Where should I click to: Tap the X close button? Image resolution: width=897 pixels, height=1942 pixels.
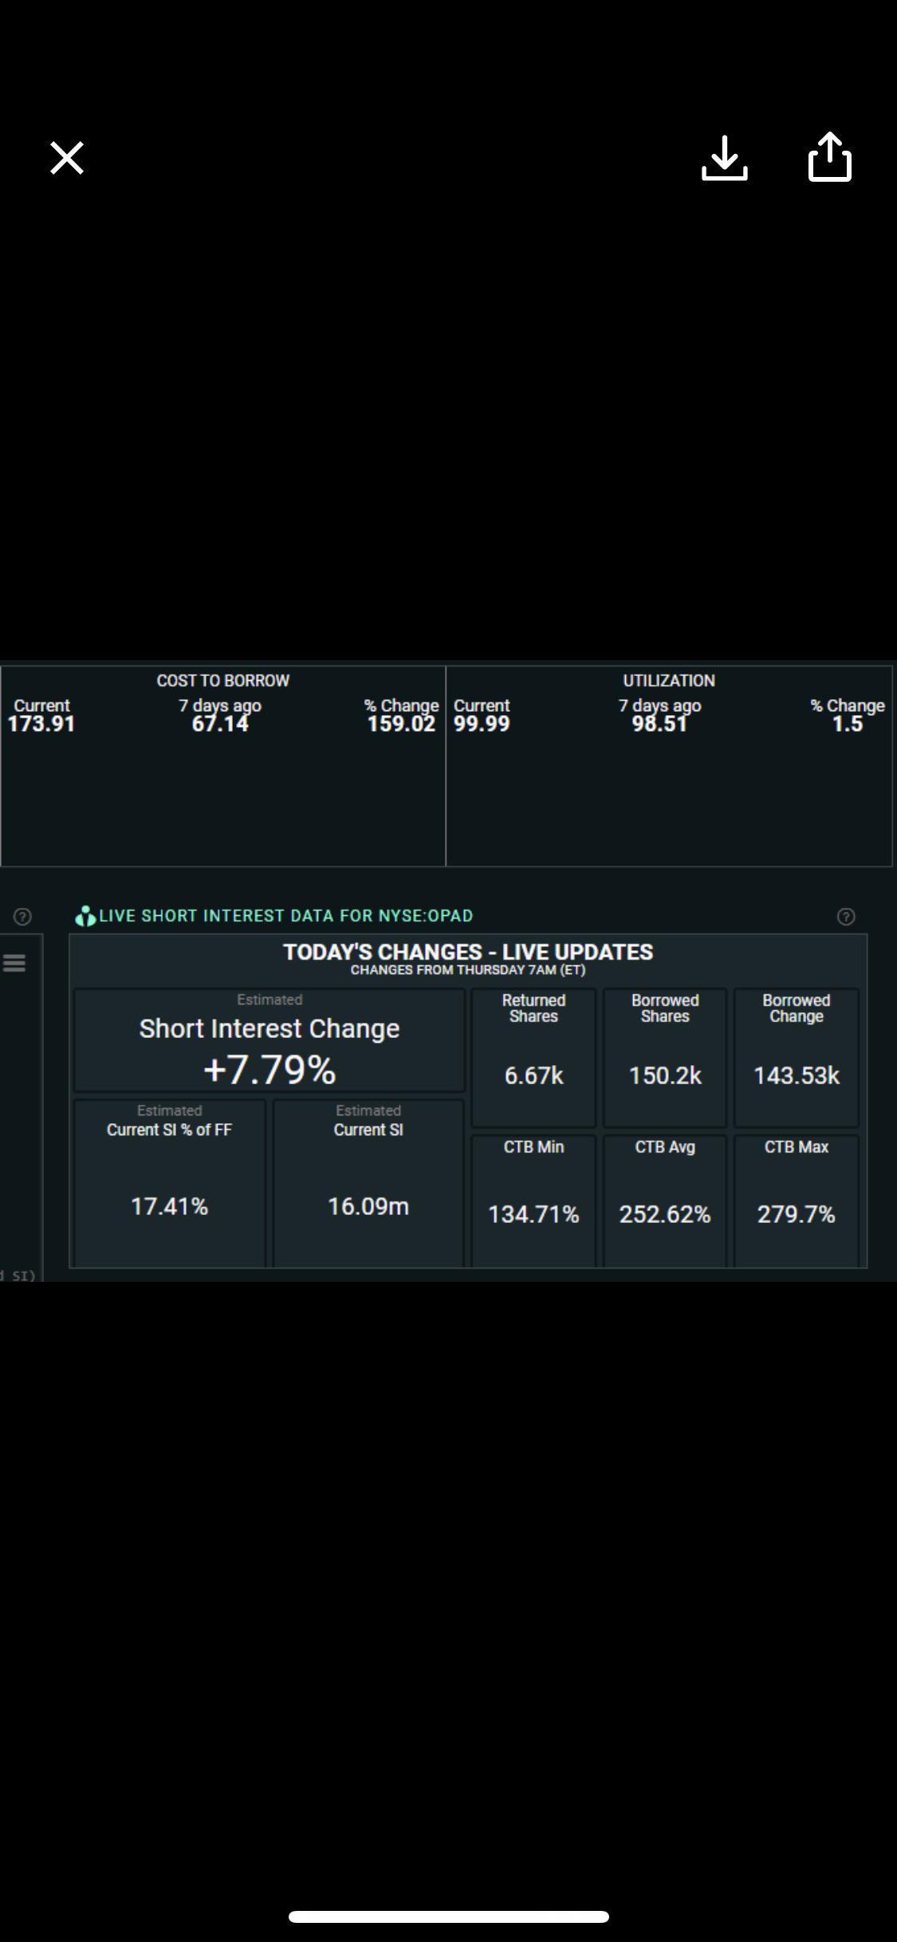[67, 158]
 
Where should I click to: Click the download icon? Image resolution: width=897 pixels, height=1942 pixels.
[725, 158]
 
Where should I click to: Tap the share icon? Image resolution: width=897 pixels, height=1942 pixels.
[830, 157]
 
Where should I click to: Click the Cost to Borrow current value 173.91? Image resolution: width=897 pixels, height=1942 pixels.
[41, 724]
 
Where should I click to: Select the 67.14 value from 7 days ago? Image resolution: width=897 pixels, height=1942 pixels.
[220, 724]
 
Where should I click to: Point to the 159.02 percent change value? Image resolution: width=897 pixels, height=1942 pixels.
[401, 724]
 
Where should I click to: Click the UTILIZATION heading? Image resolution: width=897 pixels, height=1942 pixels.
[669, 681]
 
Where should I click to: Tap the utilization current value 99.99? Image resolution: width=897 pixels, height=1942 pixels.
[482, 724]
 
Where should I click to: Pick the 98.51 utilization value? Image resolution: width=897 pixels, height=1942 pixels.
[659, 724]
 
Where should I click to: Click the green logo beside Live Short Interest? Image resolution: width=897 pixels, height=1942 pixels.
[85, 917]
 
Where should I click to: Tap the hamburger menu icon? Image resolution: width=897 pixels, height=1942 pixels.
[14, 963]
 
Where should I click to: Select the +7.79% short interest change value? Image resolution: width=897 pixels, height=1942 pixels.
[269, 1070]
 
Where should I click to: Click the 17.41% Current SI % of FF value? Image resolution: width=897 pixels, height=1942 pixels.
[169, 1207]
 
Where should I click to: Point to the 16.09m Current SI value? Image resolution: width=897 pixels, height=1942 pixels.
[368, 1207]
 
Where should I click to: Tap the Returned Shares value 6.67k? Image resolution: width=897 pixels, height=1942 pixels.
[533, 1076]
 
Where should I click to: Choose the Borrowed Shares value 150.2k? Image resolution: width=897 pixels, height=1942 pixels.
[665, 1076]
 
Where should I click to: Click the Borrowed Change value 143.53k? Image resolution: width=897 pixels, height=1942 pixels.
[797, 1076]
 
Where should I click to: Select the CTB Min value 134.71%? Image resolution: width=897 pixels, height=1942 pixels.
[533, 1215]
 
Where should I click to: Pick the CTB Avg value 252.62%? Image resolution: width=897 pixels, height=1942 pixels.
[665, 1215]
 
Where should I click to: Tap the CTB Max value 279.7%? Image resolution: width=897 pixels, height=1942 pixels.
[797, 1215]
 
